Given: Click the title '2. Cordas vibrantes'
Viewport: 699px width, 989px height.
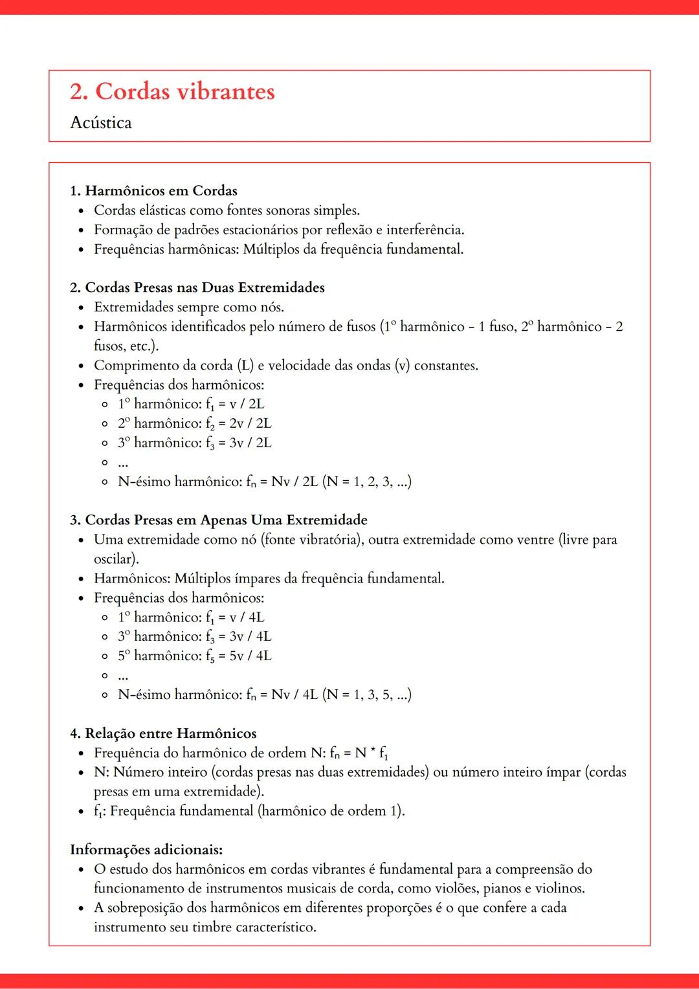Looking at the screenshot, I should tap(172, 91).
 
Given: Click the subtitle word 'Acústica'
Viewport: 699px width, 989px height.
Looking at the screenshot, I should tap(101, 122).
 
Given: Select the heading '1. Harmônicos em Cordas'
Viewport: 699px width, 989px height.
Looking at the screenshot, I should tap(153, 190).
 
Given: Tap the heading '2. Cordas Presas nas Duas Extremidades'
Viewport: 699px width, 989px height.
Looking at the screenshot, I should tap(197, 287).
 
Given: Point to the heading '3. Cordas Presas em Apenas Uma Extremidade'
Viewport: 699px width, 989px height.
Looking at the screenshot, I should tap(219, 520).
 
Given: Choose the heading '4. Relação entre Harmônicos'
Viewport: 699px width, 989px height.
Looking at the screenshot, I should tap(163, 733).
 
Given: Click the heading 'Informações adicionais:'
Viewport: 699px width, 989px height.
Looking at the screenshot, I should tap(146, 849).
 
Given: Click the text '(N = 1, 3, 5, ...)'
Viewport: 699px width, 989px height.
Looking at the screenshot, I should tap(367, 695).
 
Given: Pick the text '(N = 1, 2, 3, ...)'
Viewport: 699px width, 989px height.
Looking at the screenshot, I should tap(367, 482).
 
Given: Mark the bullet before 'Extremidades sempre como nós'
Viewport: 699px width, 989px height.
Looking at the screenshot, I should tap(81, 307).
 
